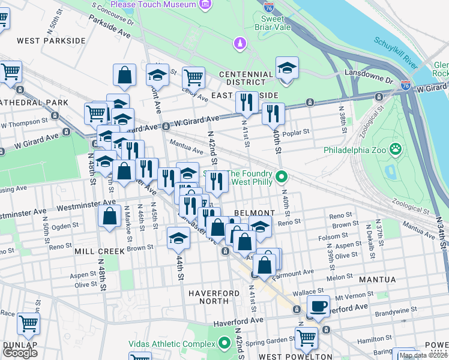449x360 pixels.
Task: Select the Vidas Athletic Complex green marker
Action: click(224, 344)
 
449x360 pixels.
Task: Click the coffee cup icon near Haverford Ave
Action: click(318, 305)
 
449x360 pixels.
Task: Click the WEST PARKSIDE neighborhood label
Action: click(51, 41)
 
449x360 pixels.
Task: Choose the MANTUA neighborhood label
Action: click(378, 280)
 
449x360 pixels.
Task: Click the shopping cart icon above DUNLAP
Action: click(28, 323)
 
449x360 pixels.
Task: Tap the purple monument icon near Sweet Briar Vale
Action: click(240, 43)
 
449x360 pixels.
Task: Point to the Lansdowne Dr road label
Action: click(367, 73)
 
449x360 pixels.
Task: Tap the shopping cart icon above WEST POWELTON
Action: click(306, 337)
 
